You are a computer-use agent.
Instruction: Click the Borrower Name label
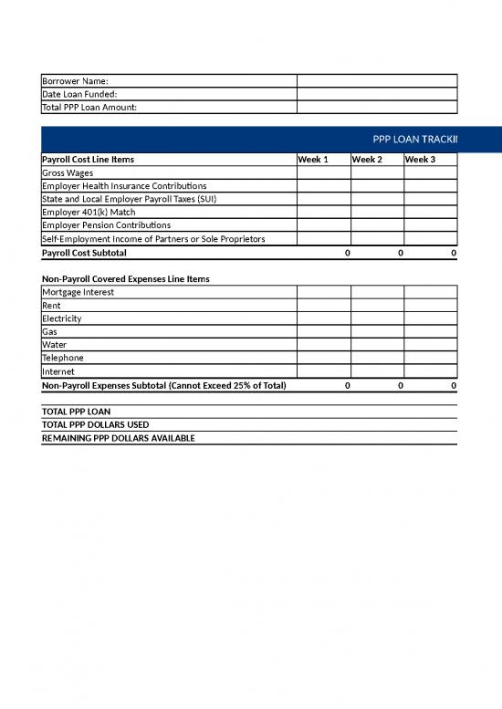(75, 80)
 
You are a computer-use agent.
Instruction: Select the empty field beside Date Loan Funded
(376, 94)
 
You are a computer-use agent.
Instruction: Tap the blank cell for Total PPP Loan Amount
(376, 107)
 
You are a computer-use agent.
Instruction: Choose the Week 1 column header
(313, 160)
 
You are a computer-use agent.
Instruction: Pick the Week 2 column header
(367, 160)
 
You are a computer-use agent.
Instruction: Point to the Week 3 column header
(420, 160)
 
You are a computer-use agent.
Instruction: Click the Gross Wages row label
(68, 172)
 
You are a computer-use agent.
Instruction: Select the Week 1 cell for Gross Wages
(323, 172)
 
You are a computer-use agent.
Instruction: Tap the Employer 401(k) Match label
(89, 212)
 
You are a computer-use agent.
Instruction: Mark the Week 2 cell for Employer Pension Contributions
(377, 225)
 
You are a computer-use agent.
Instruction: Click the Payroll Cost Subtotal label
(85, 252)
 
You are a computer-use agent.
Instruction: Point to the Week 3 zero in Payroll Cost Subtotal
(454, 252)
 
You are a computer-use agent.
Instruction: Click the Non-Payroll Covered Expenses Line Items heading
(127, 278)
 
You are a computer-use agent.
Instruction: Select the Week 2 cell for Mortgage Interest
(377, 292)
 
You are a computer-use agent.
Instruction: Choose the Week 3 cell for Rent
(430, 306)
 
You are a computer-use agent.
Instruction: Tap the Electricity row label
(62, 318)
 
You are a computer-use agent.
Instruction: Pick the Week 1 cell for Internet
(323, 371)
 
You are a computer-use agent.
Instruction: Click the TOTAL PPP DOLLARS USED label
(96, 424)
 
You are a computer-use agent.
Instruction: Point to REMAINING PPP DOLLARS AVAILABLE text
(119, 438)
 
